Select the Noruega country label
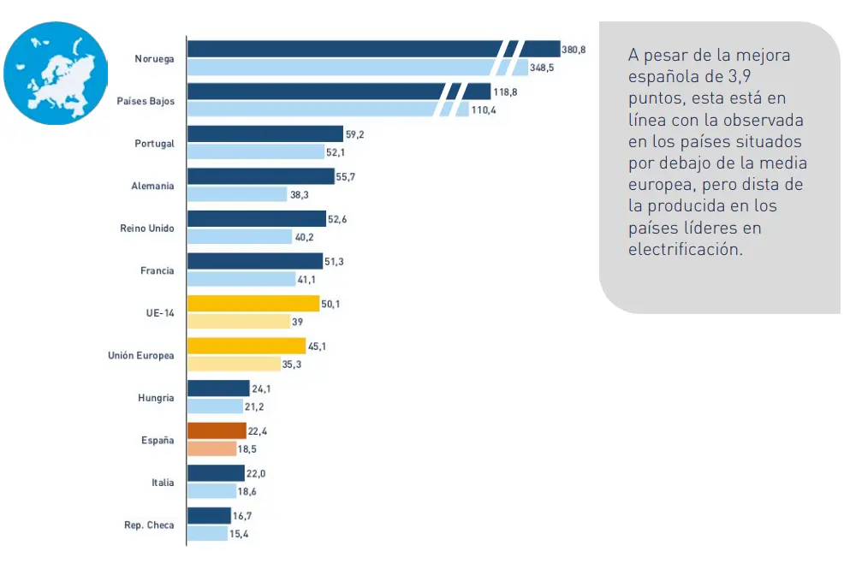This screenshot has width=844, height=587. (x=154, y=59)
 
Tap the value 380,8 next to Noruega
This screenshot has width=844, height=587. (x=574, y=50)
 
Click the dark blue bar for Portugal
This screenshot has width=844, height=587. (x=264, y=133)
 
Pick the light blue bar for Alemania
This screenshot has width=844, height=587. (x=236, y=194)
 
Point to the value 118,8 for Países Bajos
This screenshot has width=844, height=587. (x=504, y=92)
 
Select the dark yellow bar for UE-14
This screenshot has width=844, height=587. (x=253, y=303)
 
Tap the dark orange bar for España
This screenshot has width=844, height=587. (x=216, y=430)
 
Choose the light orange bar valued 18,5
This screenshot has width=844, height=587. (x=211, y=448)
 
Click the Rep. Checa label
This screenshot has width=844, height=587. (x=149, y=525)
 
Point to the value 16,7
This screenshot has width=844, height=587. (x=242, y=516)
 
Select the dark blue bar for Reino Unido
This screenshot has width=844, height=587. (x=256, y=218)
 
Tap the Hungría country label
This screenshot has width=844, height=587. (x=156, y=398)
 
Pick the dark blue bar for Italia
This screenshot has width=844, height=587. (x=215, y=473)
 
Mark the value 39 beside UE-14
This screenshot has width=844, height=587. (x=298, y=322)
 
